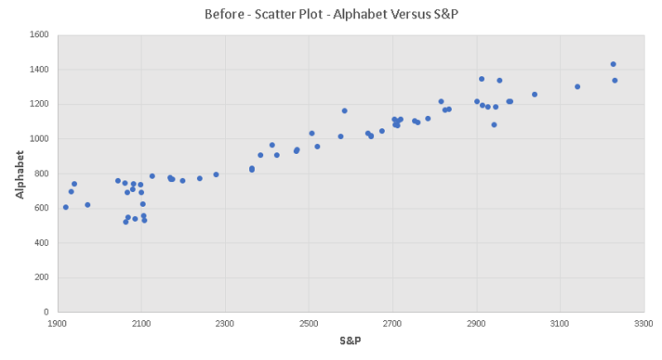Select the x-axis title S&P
pos(349,341)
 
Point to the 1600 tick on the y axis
pos(40,35)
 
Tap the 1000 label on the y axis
pos(40,139)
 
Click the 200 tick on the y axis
pos(42,277)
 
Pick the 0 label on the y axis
pos(47,312)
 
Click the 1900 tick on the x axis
pos(57,323)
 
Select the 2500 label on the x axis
pos(309,323)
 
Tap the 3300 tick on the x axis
pos(643,323)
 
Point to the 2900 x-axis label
pos(476,323)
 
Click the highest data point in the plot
pos(613,64)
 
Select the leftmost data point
pos(65,207)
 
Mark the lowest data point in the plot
pos(126,222)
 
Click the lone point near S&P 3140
pos(578,87)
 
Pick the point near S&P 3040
pos(535,94)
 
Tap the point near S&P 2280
pos(216,175)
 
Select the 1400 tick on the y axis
pos(40,70)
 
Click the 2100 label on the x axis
pos(141,323)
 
